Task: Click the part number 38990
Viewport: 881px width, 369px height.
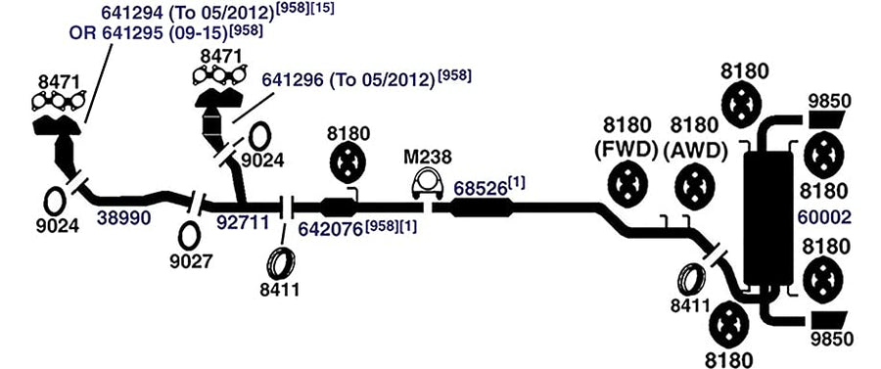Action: click(123, 217)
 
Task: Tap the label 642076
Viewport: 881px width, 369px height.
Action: click(331, 230)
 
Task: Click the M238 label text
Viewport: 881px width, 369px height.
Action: click(428, 157)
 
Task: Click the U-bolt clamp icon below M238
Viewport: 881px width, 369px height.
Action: click(427, 184)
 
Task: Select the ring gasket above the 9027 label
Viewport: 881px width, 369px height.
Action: click(189, 236)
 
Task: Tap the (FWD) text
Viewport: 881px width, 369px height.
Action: click(626, 150)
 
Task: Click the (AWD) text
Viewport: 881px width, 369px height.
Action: click(695, 150)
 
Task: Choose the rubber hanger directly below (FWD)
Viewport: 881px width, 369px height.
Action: click(628, 184)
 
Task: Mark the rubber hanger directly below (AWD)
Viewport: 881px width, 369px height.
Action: click(694, 186)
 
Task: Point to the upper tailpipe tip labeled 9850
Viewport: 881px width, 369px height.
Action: click(827, 120)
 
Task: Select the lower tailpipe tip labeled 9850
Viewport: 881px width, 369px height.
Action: click(827, 321)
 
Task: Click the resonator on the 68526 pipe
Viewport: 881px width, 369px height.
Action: click(482, 208)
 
